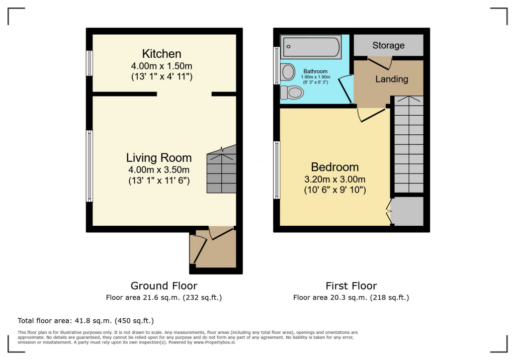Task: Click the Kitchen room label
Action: (161, 54)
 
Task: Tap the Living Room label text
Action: (158, 158)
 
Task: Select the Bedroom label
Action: (334, 167)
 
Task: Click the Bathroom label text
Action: (315, 71)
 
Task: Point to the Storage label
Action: (388, 46)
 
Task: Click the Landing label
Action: (392, 79)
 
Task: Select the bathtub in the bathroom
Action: (311, 47)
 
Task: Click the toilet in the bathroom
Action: (293, 93)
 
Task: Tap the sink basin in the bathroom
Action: (288, 72)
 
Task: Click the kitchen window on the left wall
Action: (90, 63)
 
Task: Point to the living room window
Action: (90, 166)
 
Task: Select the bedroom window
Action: (277, 169)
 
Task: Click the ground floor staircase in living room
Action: (221, 169)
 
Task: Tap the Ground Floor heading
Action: (164, 286)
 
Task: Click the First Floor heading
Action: (351, 286)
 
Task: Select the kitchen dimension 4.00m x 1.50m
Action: (161, 66)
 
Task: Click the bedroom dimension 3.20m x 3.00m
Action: (334, 179)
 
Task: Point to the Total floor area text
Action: (85, 320)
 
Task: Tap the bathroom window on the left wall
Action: (277, 65)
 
